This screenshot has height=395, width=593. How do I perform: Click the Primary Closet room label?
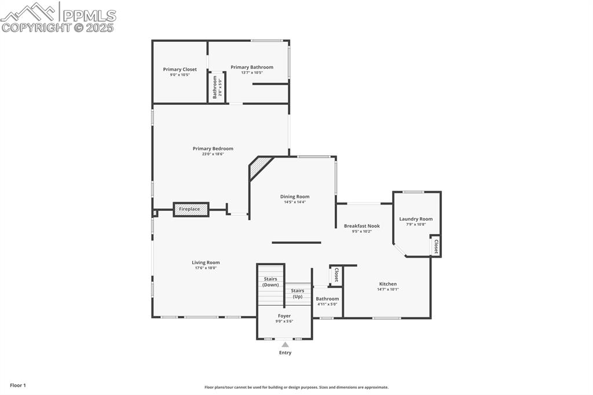pos(180,70)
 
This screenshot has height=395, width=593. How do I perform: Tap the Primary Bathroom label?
pos(252,67)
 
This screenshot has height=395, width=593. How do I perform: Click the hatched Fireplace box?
pos(191,209)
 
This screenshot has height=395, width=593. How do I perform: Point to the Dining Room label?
pos(295,197)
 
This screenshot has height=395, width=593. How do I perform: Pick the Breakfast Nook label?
pos(361,226)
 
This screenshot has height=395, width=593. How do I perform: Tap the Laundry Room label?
pos(416,219)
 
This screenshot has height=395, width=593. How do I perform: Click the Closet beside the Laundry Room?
pos(436,246)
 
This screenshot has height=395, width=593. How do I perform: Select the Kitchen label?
pos(387,284)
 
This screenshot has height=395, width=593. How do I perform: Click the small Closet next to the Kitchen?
pos(336,275)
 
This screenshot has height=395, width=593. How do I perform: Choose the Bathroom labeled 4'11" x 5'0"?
pos(327,301)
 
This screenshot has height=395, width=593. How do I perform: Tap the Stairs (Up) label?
pos(298,294)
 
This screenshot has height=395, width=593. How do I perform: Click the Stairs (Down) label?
pos(270,282)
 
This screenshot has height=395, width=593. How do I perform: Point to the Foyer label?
pos(284,316)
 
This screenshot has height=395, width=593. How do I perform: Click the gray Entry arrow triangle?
pos(285,345)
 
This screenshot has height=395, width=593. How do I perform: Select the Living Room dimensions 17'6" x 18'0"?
pos(206,268)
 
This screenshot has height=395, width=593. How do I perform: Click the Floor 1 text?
pos(18,385)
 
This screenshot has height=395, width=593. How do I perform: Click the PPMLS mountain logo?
pos(29,11)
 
